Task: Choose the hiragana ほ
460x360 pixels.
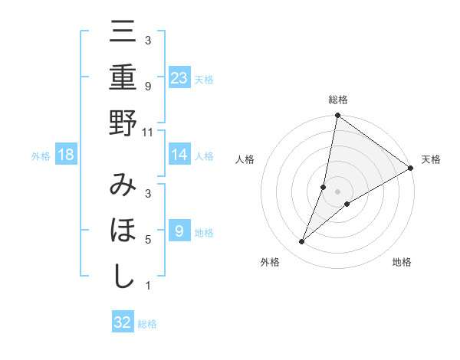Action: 123,232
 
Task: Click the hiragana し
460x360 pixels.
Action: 123,277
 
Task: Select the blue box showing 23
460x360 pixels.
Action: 179,78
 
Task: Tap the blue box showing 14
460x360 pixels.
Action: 179,155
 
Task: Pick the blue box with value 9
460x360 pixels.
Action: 179,231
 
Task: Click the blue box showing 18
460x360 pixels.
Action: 66,155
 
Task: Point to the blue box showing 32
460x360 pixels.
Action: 123,322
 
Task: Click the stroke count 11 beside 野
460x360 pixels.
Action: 148,132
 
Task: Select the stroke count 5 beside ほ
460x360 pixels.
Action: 148,239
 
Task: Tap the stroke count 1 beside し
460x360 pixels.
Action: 148,286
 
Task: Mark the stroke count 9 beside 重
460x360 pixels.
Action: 148,87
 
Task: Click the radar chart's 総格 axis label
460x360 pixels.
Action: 338,100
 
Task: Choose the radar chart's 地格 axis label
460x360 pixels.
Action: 402,262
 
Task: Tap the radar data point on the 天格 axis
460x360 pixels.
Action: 411,169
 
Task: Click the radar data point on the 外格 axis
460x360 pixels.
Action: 302,242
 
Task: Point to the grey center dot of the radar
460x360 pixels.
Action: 338,191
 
